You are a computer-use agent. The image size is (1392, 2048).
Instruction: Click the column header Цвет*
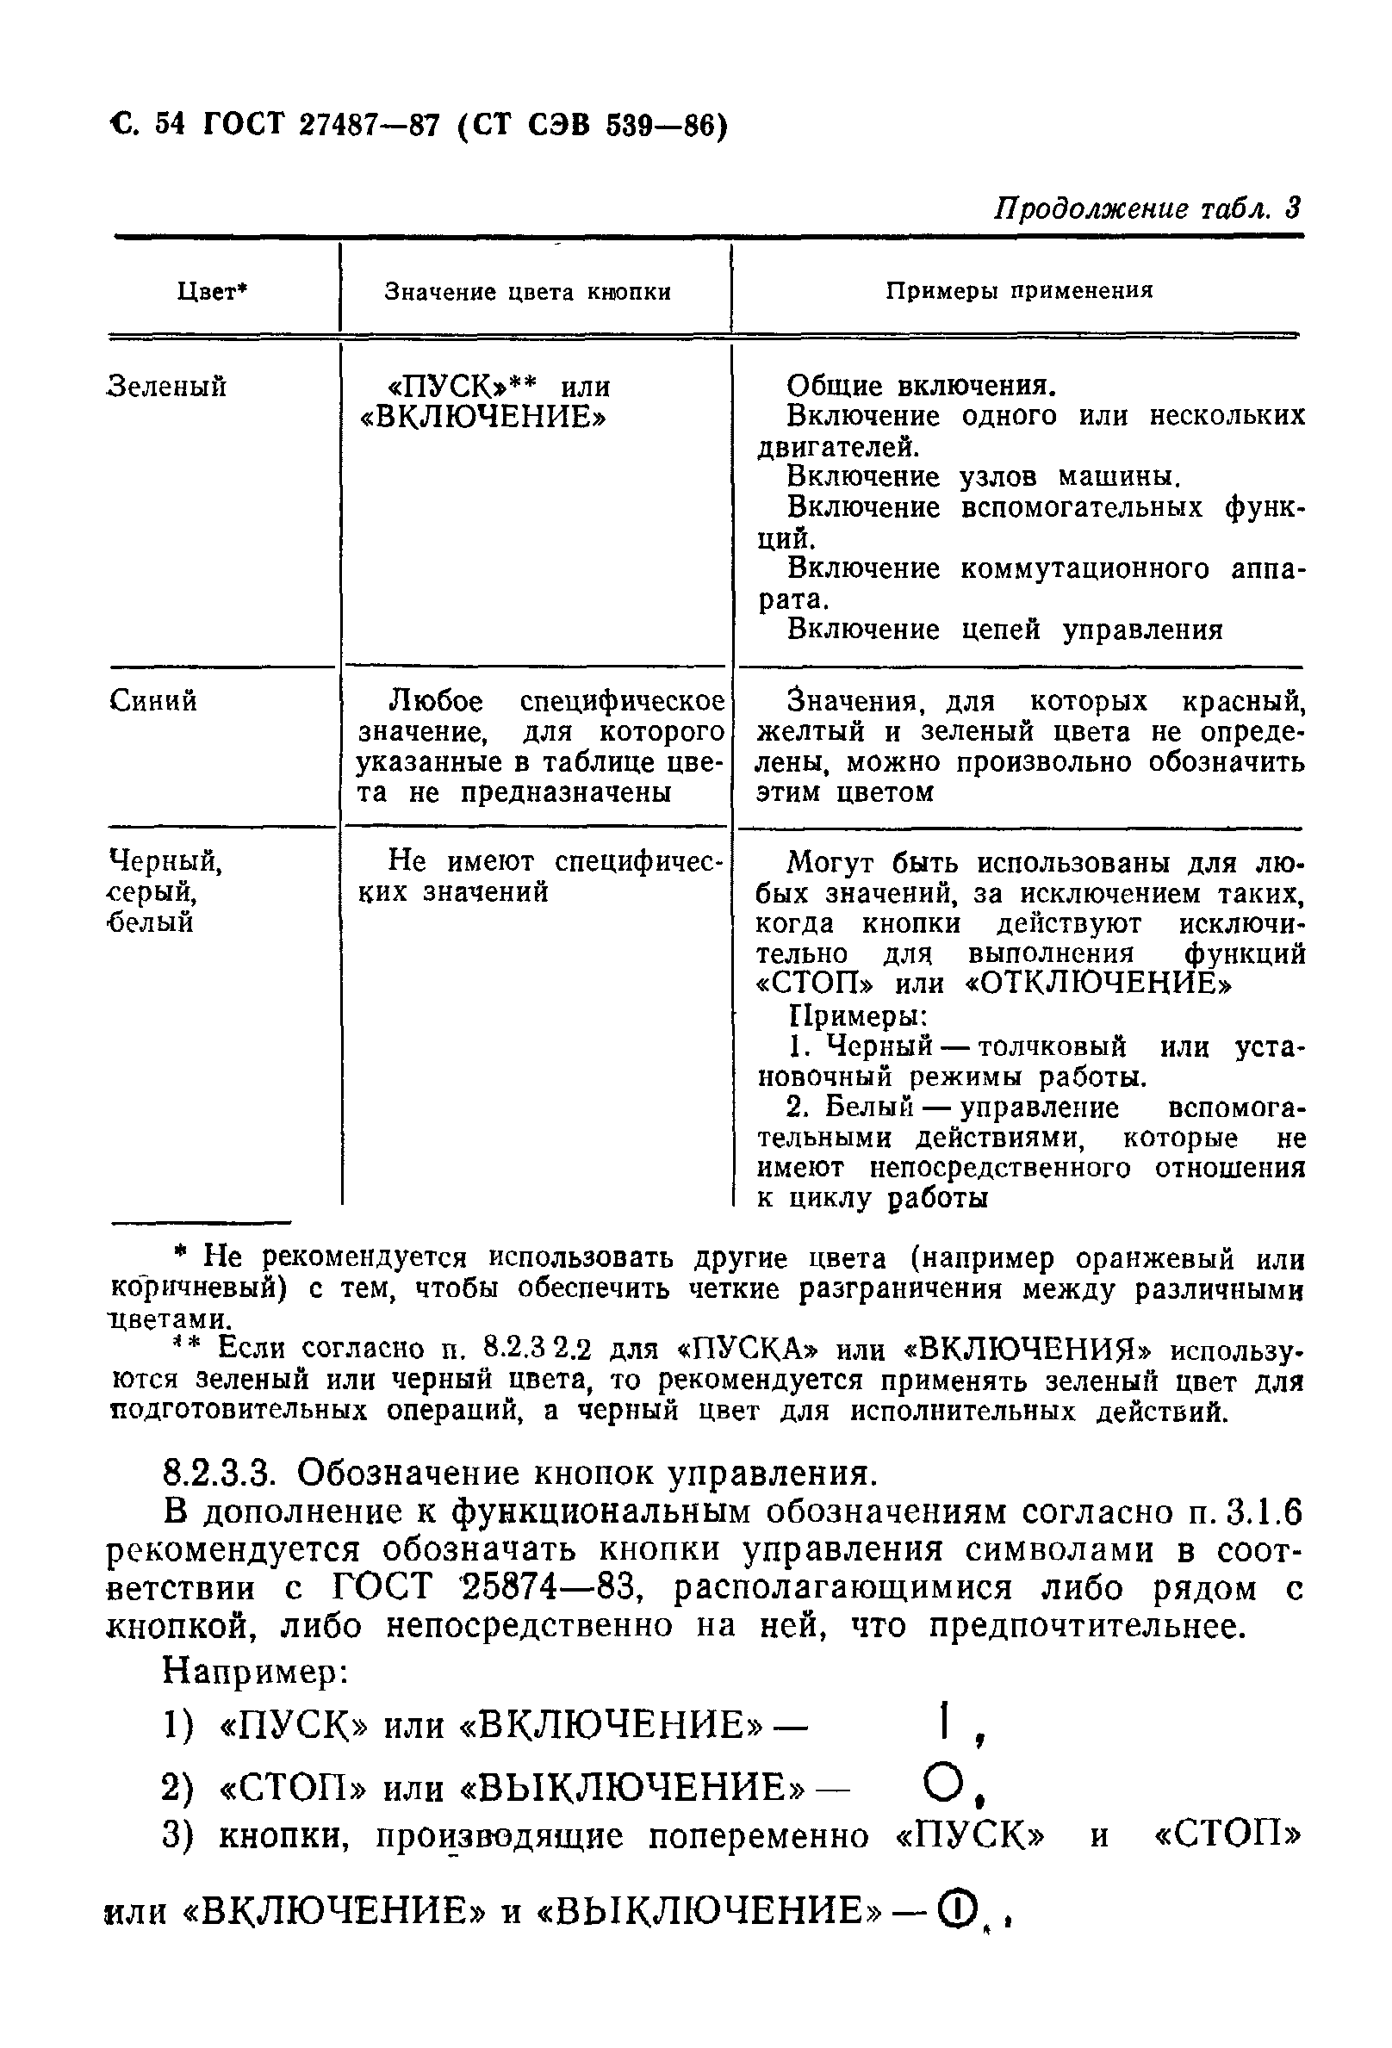click(212, 292)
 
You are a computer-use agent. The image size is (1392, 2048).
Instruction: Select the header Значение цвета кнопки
click(527, 292)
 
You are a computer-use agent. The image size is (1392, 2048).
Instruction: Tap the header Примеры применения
click(1018, 291)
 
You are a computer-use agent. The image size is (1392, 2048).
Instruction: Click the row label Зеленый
click(166, 386)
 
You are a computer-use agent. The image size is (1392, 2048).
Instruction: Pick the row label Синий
click(153, 700)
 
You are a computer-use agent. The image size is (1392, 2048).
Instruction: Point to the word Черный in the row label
click(164, 860)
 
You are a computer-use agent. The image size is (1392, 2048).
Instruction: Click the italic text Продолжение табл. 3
click(1147, 209)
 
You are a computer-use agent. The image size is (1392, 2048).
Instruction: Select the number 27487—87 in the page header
click(369, 126)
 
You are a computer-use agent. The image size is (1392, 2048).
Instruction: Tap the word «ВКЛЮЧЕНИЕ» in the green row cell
click(483, 416)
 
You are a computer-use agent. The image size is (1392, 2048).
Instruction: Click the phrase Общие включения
click(920, 386)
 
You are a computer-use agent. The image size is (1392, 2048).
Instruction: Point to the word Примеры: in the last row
click(855, 1016)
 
